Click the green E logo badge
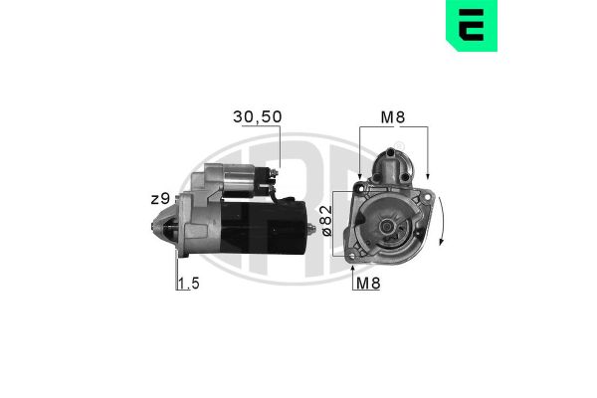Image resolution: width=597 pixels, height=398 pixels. [472, 25]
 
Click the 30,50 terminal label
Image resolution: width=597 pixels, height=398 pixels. [258, 117]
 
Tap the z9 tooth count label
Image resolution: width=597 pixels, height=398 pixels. [160, 199]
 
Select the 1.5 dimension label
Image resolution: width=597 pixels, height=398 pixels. [189, 284]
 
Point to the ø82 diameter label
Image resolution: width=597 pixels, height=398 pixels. [327, 221]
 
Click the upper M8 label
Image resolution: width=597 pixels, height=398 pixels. [393, 117]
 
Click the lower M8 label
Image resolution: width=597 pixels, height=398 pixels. [368, 283]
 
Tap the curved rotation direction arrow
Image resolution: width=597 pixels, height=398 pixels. [442, 221]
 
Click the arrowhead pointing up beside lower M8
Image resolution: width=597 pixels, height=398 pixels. [353, 269]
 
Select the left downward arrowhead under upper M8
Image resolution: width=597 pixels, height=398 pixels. [359, 175]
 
